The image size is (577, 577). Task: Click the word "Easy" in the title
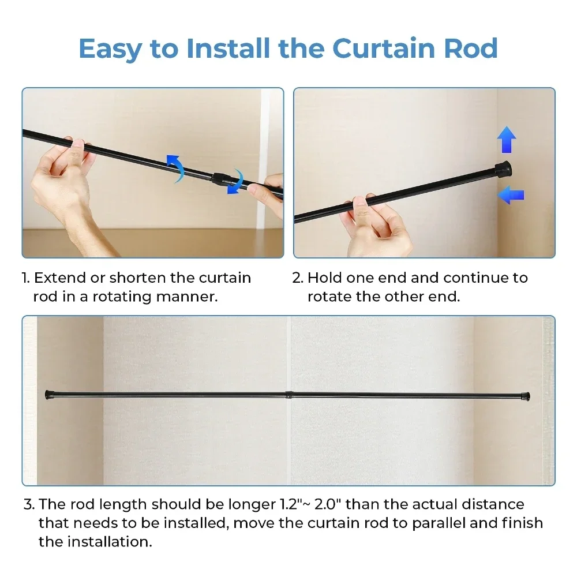110,49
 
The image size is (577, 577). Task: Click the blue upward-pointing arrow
507,140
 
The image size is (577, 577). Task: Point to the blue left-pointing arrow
511,194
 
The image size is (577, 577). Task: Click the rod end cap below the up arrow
503,169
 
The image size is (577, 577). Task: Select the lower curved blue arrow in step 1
235,182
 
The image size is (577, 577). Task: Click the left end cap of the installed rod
50,395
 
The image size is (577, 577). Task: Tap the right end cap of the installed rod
526,397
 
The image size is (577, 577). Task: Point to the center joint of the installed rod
288,395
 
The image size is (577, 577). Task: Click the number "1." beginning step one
26,278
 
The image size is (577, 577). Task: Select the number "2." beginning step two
298,278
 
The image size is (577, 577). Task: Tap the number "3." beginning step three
29,504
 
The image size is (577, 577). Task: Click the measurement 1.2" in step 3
288,504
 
